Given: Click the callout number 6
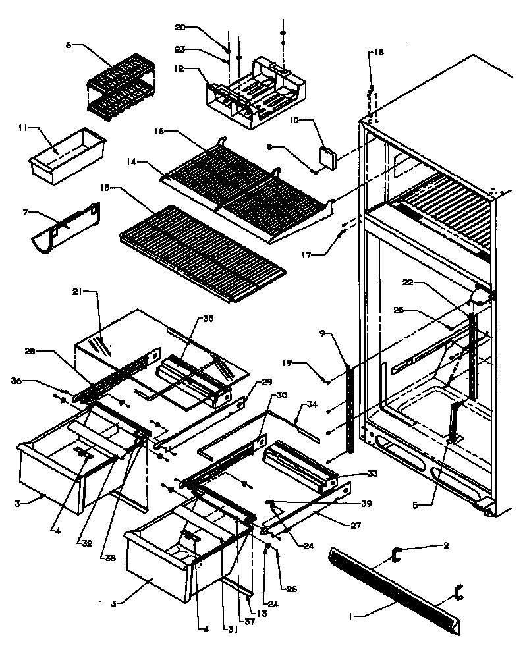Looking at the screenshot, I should [68, 45].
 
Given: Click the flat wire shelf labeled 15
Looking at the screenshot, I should [201, 252].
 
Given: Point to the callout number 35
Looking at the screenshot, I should [208, 319].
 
